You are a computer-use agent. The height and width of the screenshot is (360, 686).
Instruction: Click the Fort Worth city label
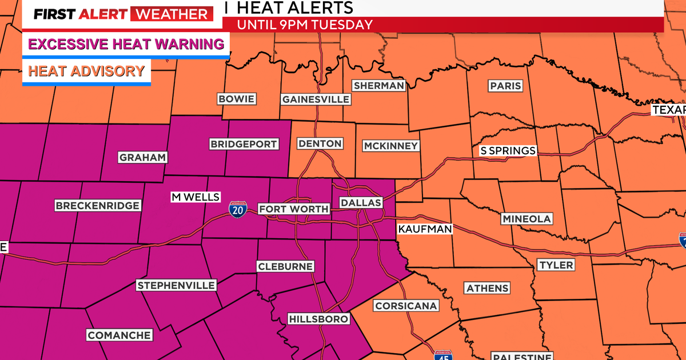[294, 209]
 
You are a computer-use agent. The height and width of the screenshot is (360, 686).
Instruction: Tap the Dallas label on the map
[360, 203]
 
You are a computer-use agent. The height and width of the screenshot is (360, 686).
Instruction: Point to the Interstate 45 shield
[442, 355]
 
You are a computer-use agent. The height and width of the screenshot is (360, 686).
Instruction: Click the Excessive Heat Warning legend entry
[126, 44]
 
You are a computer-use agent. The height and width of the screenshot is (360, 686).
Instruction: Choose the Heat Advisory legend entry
[86, 71]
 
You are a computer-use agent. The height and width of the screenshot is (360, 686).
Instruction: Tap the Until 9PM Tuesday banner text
[305, 25]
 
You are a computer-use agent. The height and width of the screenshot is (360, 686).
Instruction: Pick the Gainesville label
[315, 99]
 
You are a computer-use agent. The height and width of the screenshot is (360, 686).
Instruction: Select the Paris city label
[505, 86]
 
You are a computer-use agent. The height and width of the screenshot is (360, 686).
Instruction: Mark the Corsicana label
[406, 306]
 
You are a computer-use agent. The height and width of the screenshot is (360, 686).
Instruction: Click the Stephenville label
[176, 285]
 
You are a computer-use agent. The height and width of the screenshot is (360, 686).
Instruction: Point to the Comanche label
[119, 335]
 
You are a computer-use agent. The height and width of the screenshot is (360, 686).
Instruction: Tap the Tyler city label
[556, 265]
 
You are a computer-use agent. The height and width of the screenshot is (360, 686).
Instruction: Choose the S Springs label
[508, 151]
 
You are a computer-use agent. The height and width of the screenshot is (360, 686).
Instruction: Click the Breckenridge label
[97, 205]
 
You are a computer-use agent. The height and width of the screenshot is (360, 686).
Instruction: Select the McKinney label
[390, 146]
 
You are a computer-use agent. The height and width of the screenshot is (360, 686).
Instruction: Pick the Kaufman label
[425, 229]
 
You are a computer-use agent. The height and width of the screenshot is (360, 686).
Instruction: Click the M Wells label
[196, 197]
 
